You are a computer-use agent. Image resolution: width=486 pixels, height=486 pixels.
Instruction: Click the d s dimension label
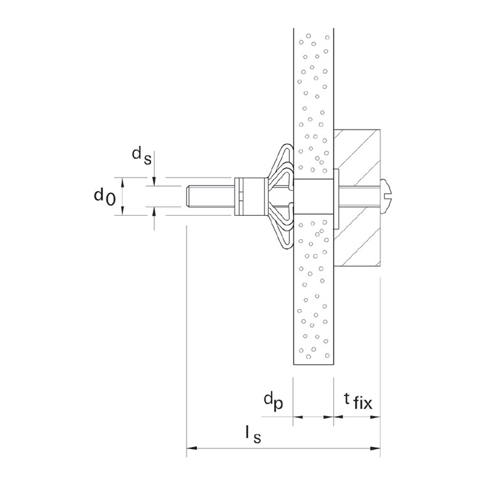coord(142,154)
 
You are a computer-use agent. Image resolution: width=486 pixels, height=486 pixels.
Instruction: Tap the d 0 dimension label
coord(104,195)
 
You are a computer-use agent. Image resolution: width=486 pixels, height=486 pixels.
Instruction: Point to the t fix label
coord(356,402)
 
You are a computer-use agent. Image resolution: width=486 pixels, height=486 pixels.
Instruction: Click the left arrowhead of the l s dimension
coord(191,447)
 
